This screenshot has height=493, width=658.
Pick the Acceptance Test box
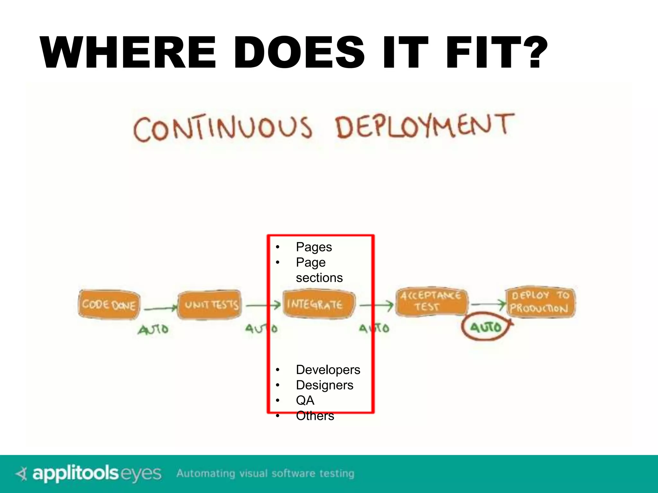tap(431, 301)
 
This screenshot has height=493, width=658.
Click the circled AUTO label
tap(486, 327)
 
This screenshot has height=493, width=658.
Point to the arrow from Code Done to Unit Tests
tap(160, 309)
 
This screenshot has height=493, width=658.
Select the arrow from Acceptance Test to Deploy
tap(488, 304)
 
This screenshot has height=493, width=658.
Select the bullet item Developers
tap(328, 370)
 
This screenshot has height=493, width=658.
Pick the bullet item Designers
tap(324, 385)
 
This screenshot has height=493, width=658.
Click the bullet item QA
tap(305, 400)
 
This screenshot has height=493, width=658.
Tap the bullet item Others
tap(315, 416)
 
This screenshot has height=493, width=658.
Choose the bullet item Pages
tap(314, 247)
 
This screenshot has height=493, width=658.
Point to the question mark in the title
tap(537, 53)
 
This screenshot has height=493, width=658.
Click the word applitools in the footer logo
tap(75, 473)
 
